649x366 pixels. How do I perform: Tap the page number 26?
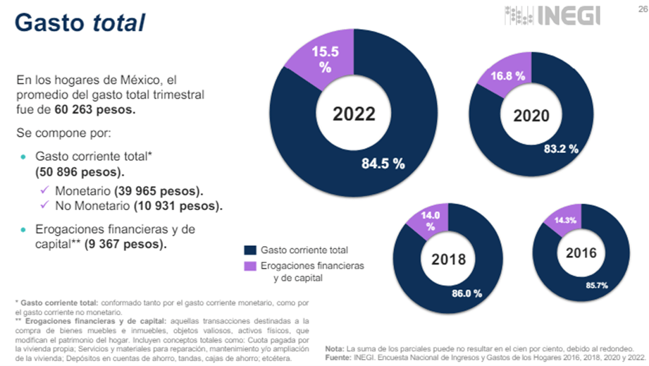pos(638,7)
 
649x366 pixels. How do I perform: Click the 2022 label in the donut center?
pos(354,114)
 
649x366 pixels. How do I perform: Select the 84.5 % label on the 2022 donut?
pos(383,164)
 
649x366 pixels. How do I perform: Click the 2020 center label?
pos(532,116)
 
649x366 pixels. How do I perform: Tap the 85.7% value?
pos(596,285)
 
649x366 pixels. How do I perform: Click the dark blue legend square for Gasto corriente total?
pos(249,250)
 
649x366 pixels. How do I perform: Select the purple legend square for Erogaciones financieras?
pos(249,266)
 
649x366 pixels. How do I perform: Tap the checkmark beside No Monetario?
pos(45,206)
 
